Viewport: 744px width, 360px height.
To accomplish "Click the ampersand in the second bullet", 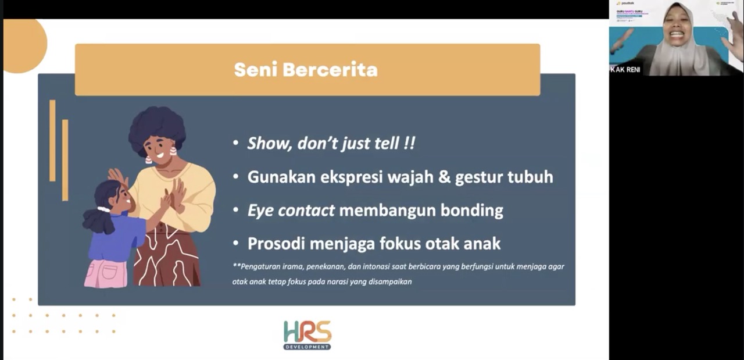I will pos(444,177).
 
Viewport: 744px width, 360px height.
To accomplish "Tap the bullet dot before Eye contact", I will pos(235,211).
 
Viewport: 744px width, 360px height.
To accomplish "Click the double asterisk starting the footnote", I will pos(236,266).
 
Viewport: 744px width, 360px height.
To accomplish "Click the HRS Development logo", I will pos(307,335).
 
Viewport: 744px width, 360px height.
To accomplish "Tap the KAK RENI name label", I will pos(625,70).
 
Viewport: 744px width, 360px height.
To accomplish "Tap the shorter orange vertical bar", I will pos(65,160).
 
